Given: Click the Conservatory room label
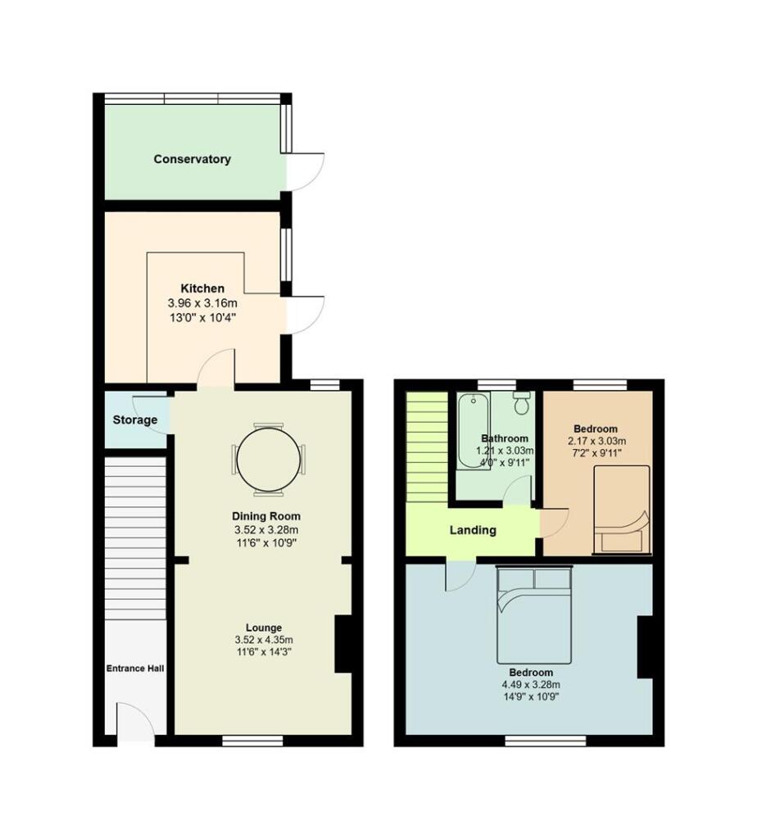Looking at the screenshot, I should pyautogui.click(x=192, y=159).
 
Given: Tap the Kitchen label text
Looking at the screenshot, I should pyautogui.click(x=202, y=288).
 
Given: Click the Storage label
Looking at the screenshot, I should pyautogui.click(x=135, y=420).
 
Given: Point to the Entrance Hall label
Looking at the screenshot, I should pyautogui.click(x=135, y=669).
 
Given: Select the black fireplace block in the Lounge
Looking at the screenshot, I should pyautogui.click(x=343, y=644).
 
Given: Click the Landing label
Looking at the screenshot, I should pyautogui.click(x=473, y=530).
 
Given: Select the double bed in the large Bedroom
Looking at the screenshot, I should pyautogui.click(x=533, y=616).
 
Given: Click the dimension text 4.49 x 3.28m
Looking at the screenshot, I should pyautogui.click(x=528, y=685).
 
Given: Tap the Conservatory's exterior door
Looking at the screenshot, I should pyautogui.click(x=305, y=172).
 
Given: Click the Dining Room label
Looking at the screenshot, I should pyautogui.click(x=265, y=516).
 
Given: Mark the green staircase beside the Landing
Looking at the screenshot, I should pyautogui.click(x=425, y=447).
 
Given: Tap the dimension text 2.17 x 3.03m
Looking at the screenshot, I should pyautogui.click(x=596, y=441).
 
